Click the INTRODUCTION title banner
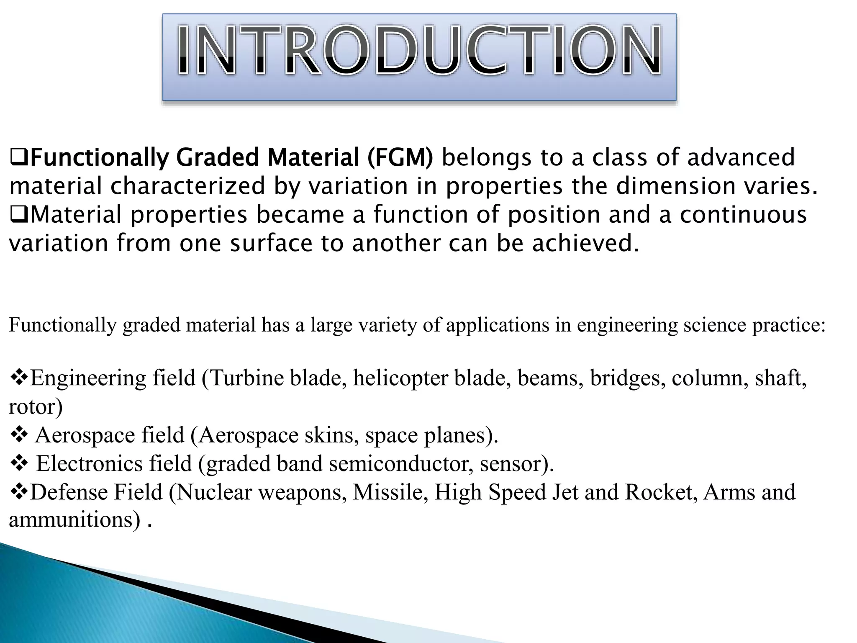(419, 57)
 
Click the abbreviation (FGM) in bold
(400, 157)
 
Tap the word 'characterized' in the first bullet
(188, 186)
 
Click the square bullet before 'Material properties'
(19, 215)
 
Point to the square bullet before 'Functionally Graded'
(19, 158)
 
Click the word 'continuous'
(743, 215)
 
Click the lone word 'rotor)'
(36, 406)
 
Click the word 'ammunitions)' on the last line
(74, 520)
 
